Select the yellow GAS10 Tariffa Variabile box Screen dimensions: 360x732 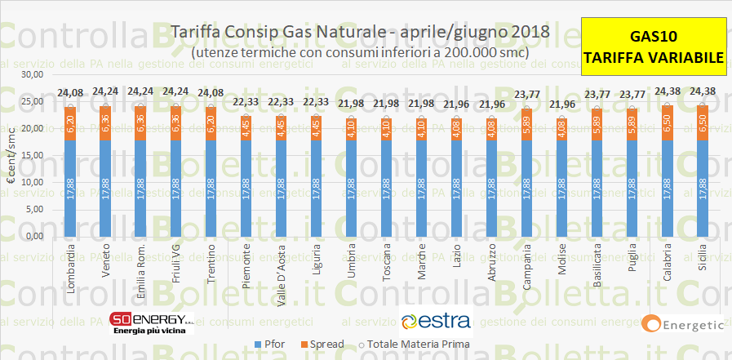(653, 47)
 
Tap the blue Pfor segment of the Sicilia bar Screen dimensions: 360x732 (702, 189)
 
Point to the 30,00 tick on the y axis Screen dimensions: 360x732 (32, 74)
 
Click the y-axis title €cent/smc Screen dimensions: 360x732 (11, 155)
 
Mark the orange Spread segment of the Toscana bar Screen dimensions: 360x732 (385, 129)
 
